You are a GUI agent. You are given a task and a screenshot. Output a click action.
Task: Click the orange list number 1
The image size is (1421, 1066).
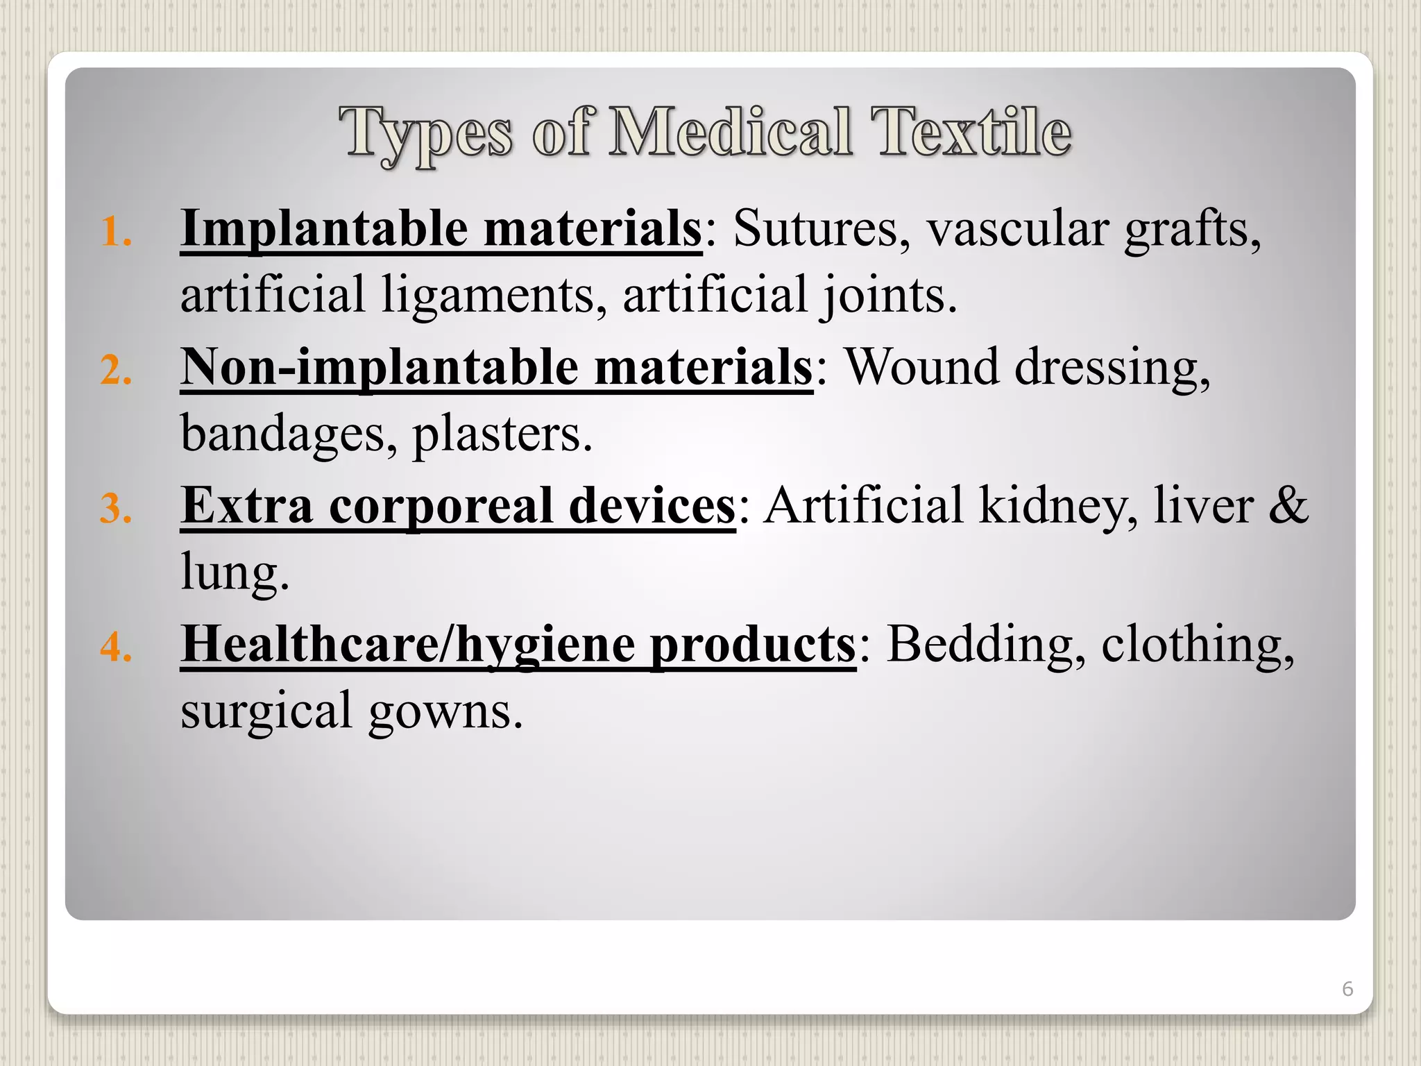pos(116,232)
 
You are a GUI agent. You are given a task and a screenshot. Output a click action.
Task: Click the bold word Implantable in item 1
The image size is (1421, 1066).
pos(324,229)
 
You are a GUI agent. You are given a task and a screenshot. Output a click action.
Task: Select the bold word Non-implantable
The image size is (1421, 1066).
pos(379,368)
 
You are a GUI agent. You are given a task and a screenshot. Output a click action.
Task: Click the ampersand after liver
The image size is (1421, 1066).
pos(1288,505)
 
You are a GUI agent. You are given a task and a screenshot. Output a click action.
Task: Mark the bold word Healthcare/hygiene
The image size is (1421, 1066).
pos(408,645)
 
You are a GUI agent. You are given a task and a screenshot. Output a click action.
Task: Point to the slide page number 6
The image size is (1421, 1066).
pos(1347,988)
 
